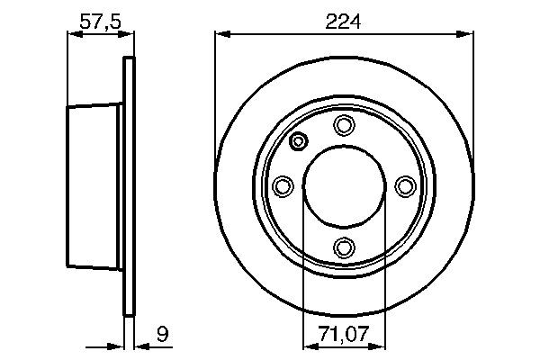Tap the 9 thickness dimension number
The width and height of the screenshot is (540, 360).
pos(163,335)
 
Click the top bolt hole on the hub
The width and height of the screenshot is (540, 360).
pos(344,124)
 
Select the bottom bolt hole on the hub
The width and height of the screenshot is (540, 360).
pos(344,246)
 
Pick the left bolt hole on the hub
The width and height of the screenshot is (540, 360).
pos(283,185)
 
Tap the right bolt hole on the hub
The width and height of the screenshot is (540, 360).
pos(404,185)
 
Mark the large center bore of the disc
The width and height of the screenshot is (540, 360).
pos(344,185)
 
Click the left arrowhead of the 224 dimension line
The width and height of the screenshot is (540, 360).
pos(221,35)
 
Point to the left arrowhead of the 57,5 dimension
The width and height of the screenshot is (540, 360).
pos(74,35)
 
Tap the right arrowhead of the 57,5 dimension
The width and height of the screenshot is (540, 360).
pos(129,35)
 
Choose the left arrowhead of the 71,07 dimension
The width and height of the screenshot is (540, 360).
pos(308,345)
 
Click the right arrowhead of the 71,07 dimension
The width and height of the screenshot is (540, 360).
pos(380,345)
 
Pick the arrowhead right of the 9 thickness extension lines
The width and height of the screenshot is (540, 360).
pos(141,345)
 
